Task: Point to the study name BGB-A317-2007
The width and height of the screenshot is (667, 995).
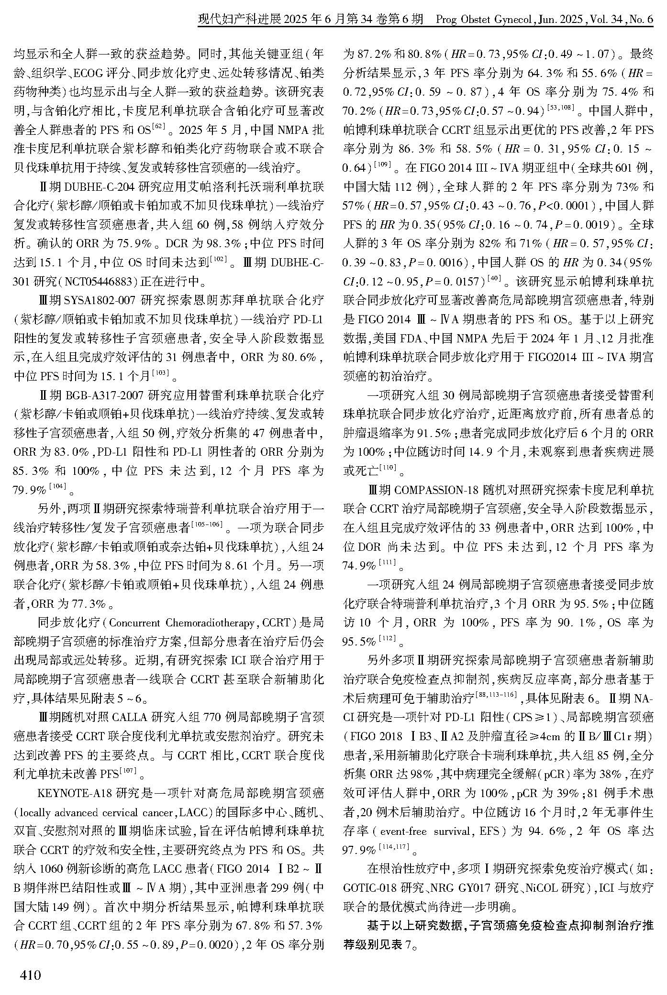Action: point(104,395)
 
